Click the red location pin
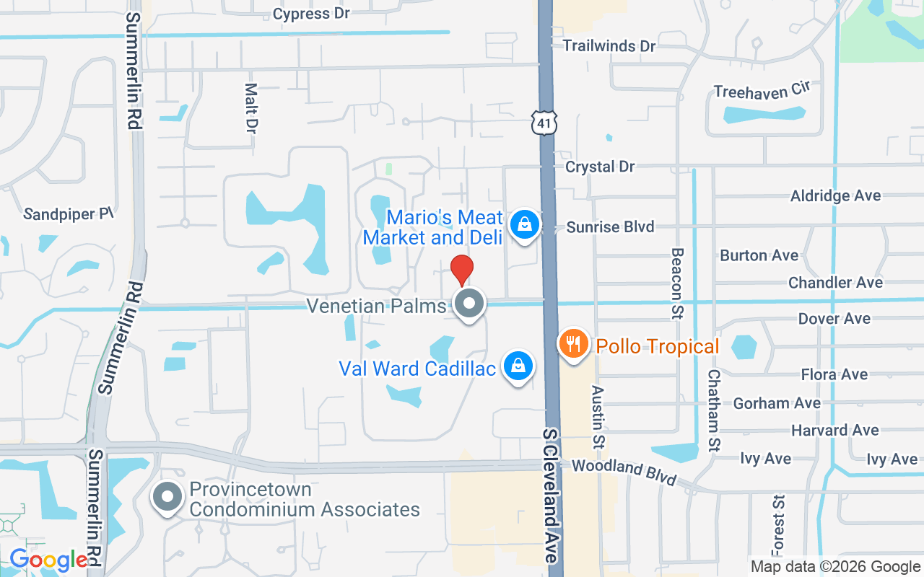[x=462, y=270]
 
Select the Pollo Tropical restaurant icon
[x=574, y=344]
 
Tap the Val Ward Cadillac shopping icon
[x=518, y=366]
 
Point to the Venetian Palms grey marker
[x=470, y=304]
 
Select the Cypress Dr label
[x=311, y=14]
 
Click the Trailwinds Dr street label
[x=609, y=46]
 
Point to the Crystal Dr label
[x=600, y=167]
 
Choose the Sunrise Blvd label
[x=610, y=227]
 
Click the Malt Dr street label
[x=250, y=108]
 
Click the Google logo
[x=48, y=560]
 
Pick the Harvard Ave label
[x=835, y=431]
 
